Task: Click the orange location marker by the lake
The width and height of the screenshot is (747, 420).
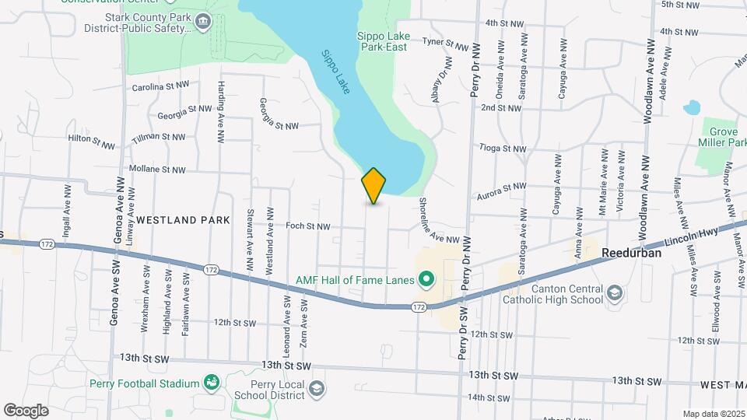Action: coord(374,186)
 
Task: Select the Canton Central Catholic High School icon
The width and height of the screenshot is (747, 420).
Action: coord(615,292)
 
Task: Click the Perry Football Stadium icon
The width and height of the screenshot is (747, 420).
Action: coord(210,382)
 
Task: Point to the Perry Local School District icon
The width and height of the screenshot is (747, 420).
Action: coord(316,387)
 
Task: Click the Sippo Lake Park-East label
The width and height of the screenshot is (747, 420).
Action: coord(382,41)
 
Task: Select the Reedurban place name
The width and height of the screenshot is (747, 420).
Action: coord(631,253)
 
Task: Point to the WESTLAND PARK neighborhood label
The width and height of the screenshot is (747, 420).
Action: coord(183,220)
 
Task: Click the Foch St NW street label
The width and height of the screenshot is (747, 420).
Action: coord(308,226)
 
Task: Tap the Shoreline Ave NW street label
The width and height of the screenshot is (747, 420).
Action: coord(441,223)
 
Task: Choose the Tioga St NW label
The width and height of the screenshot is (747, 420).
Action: coord(503,148)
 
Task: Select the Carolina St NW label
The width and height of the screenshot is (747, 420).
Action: coord(160,86)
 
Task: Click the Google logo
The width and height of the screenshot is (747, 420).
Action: coord(26,410)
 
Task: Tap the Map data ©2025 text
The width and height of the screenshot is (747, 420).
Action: coord(714,414)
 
